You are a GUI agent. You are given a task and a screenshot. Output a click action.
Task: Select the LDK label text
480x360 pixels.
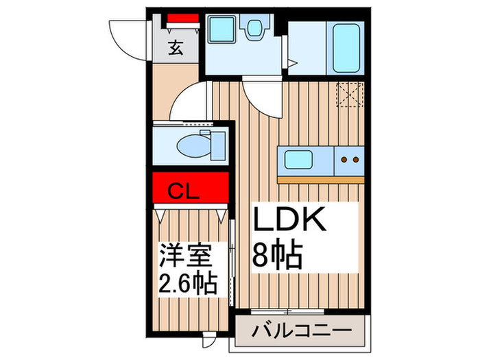pyautogui.click(x=288, y=221)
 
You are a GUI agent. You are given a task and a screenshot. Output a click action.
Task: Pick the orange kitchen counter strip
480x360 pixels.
pyautogui.click(x=321, y=180)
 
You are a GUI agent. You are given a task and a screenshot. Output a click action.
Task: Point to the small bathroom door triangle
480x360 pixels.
pyautogui.click(x=291, y=64)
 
